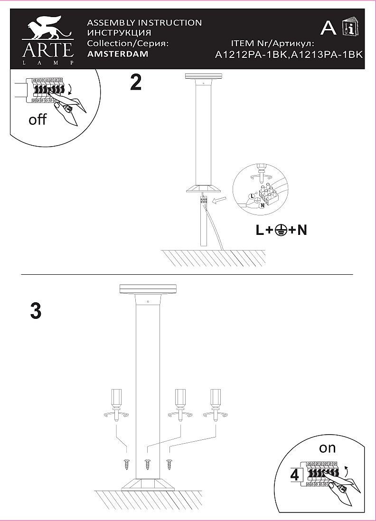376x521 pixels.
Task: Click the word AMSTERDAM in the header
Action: point(118,54)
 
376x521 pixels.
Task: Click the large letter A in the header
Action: point(329,28)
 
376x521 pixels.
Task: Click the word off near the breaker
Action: point(38,120)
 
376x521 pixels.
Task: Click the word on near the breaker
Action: point(327,447)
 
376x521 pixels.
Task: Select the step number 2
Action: point(136,83)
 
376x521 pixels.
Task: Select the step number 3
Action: point(36,311)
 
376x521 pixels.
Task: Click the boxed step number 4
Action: point(295,474)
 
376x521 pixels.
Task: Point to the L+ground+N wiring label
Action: point(282,231)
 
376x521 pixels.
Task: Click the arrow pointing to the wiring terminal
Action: point(219,203)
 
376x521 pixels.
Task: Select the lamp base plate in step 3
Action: point(148,484)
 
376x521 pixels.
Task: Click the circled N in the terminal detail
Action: point(262,206)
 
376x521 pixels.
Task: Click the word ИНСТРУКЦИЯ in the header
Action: point(120,33)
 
